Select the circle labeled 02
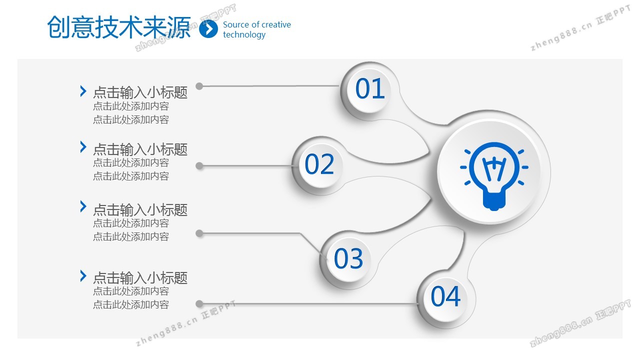320,165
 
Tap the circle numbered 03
348,259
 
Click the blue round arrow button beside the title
208,28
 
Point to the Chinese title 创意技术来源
119,27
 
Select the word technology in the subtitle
244,35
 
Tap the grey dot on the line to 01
199,86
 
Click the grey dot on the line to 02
199,165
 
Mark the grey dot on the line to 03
199,233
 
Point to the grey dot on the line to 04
199,303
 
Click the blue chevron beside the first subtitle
83,91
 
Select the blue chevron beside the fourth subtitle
83,276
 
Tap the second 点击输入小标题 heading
140,149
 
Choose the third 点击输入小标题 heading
140,209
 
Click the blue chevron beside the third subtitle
83,206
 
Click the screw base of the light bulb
494,201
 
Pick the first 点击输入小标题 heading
140,92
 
